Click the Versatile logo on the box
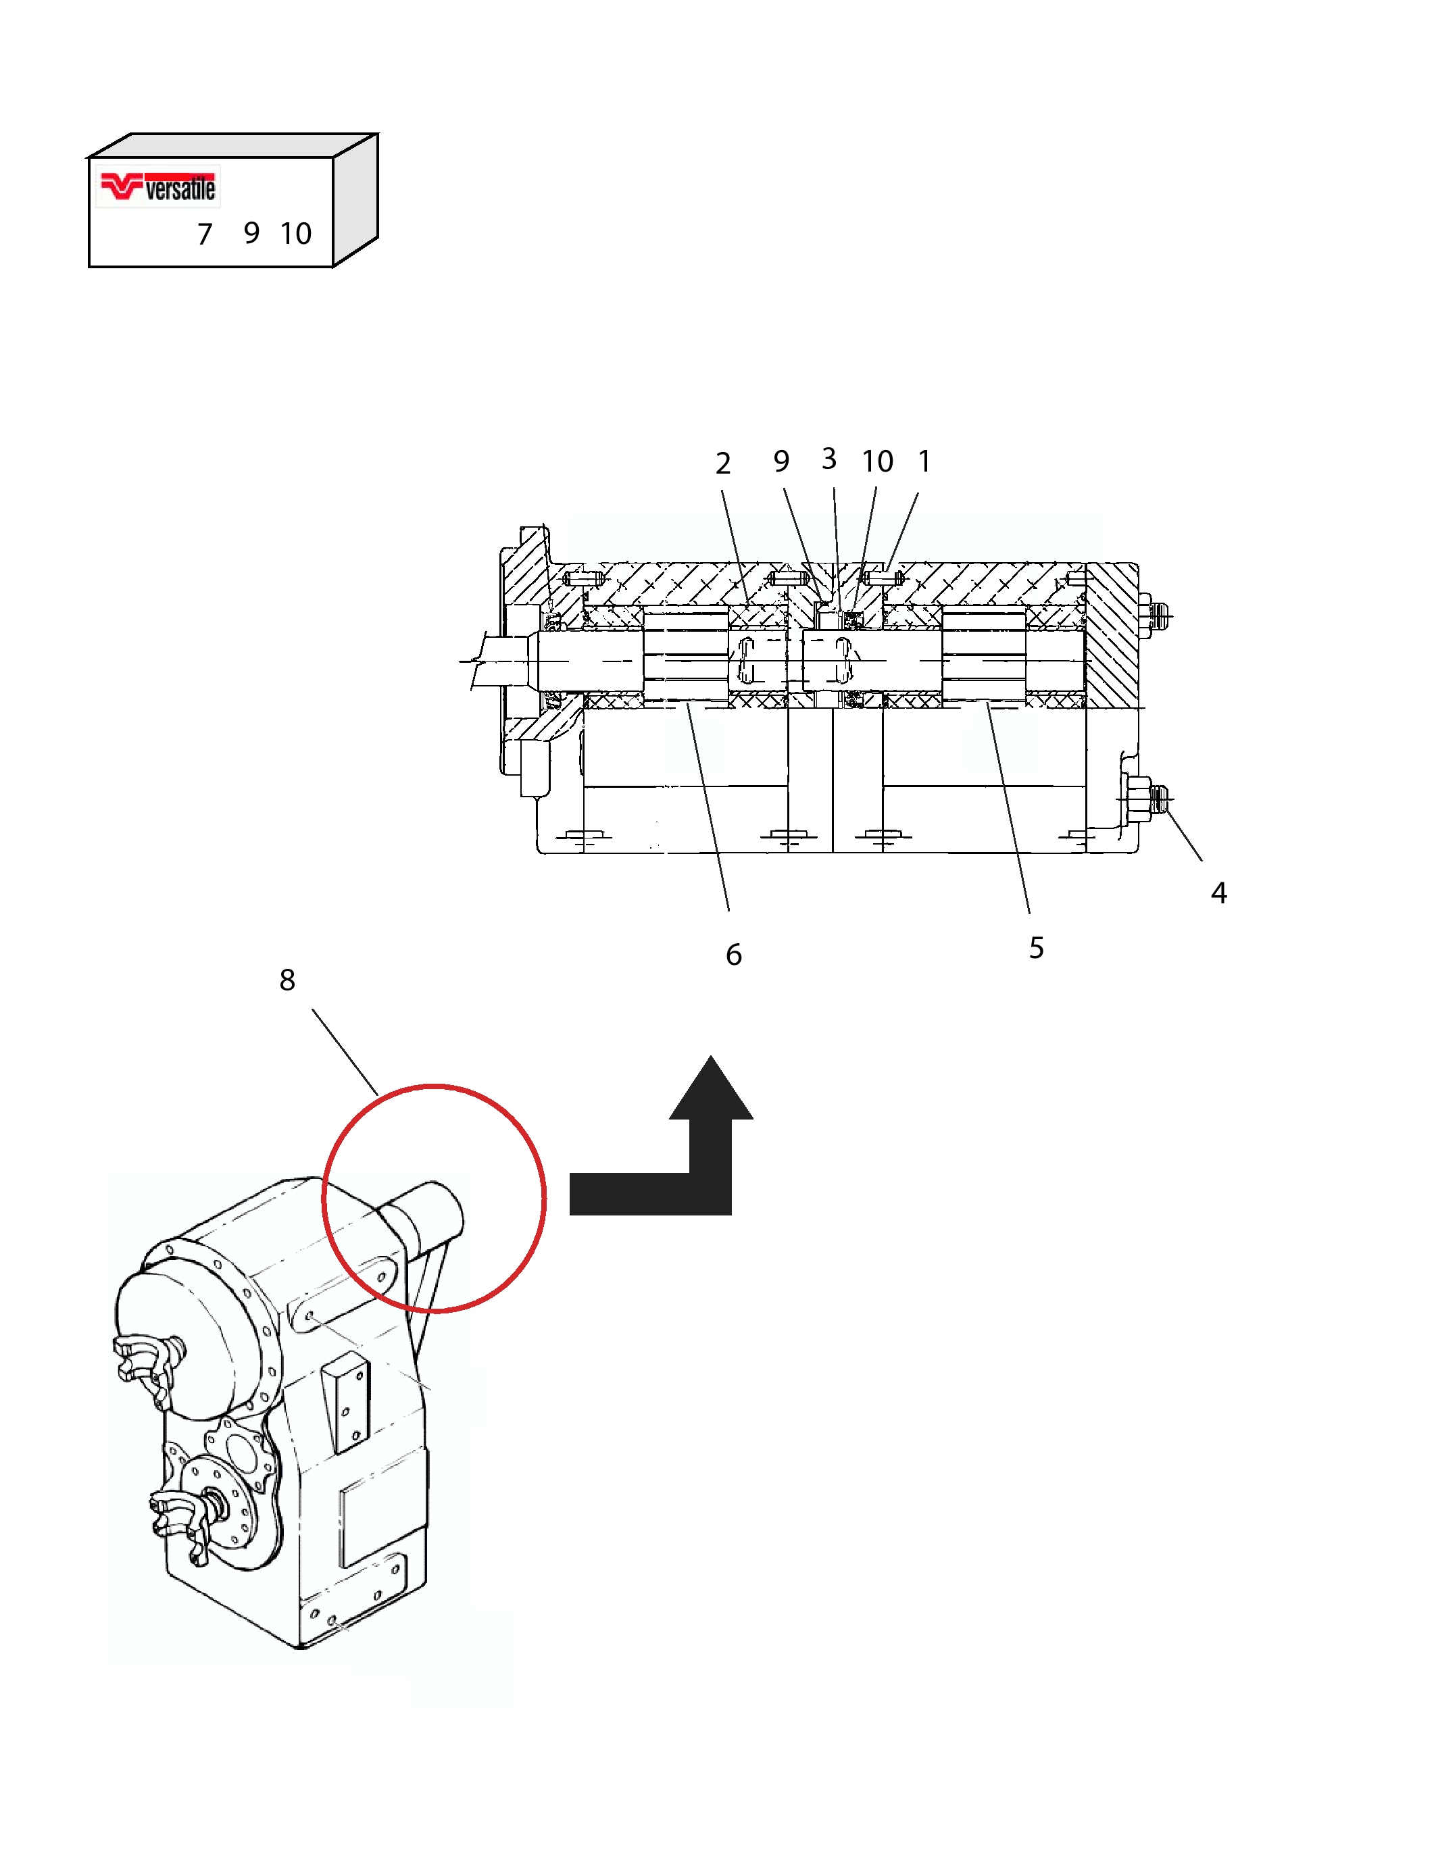coord(158,186)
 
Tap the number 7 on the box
coord(204,234)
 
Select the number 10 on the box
coord(296,234)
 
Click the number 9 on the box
coord(251,233)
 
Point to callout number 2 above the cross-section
coord(723,463)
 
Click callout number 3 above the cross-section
coord(828,459)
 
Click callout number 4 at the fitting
coord(1219,893)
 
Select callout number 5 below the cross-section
coord(1036,948)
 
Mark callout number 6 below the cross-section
coord(733,955)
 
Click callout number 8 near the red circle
coord(288,980)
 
